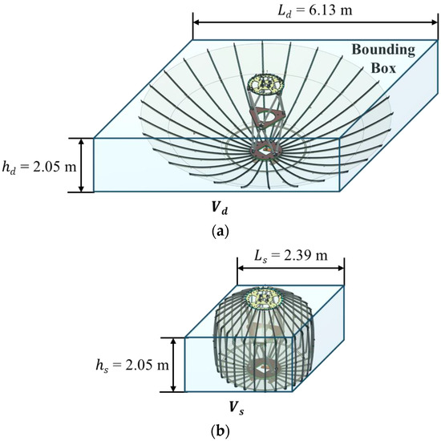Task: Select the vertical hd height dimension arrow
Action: pos(80,164)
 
